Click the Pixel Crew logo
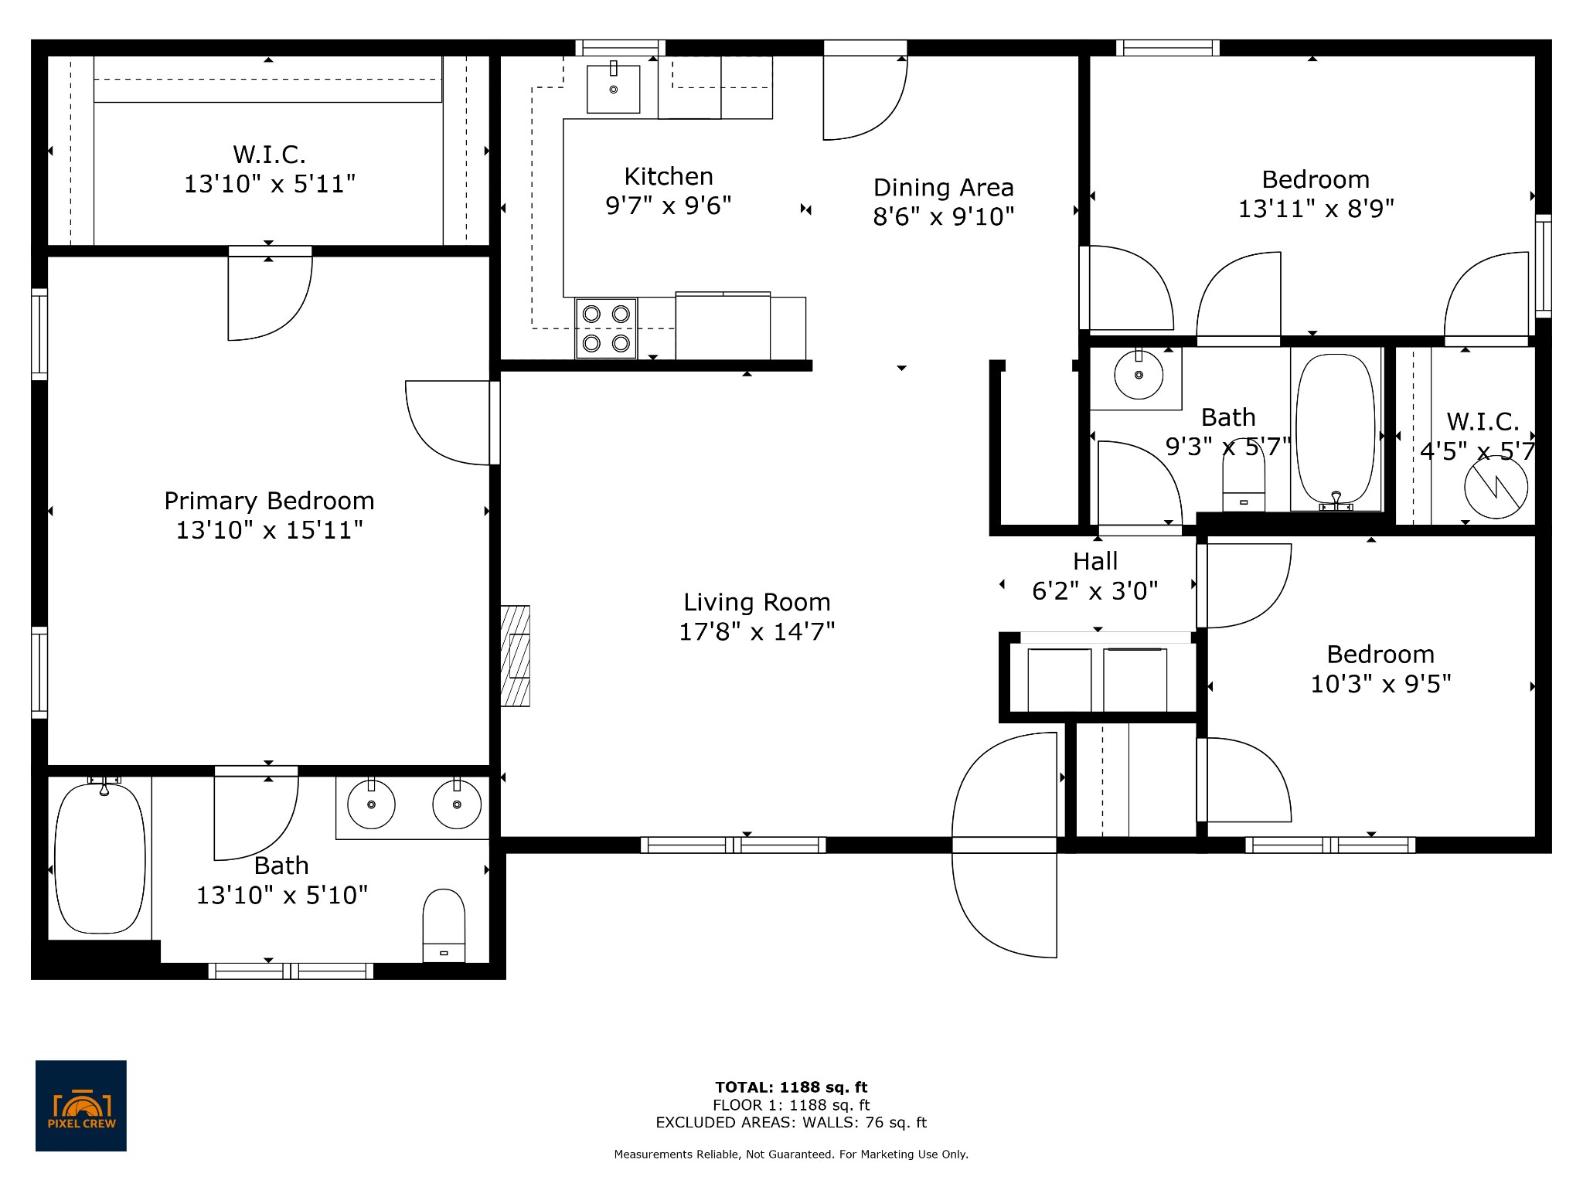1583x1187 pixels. point(81,1105)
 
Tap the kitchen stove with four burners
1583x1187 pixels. point(606,328)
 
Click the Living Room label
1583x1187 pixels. point(757,602)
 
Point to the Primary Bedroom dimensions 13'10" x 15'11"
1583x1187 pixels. point(270,530)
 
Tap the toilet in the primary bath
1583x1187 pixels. point(444,925)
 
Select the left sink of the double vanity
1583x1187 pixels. point(372,804)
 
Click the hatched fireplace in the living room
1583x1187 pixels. point(516,656)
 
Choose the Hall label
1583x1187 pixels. point(1095,561)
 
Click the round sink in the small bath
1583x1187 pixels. point(1139,375)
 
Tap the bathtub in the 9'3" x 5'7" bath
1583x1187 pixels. point(1336,431)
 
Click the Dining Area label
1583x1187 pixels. point(944,188)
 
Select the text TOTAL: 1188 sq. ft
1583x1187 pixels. point(791,1087)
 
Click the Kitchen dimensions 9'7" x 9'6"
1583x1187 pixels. point(669,206)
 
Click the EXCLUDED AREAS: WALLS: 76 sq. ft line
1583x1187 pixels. point(791,1123)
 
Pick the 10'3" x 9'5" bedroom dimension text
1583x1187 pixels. point(1381,684)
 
